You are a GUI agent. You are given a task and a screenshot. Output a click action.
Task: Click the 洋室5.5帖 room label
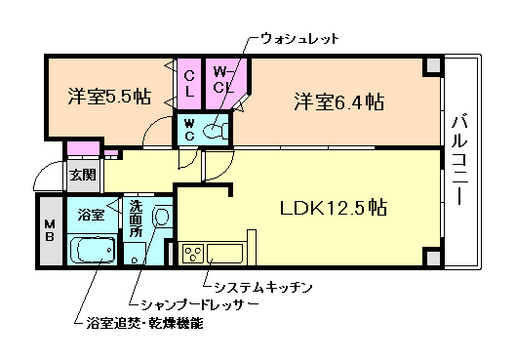tap(108, 97)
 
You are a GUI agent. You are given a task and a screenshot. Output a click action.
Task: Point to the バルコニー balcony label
tap(458, 162)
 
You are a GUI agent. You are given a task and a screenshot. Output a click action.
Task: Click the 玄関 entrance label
tap(82, 176)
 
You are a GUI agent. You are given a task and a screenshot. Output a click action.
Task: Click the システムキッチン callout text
tap(258, 285)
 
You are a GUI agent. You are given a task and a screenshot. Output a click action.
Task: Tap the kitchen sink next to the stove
tap(226, 255)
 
